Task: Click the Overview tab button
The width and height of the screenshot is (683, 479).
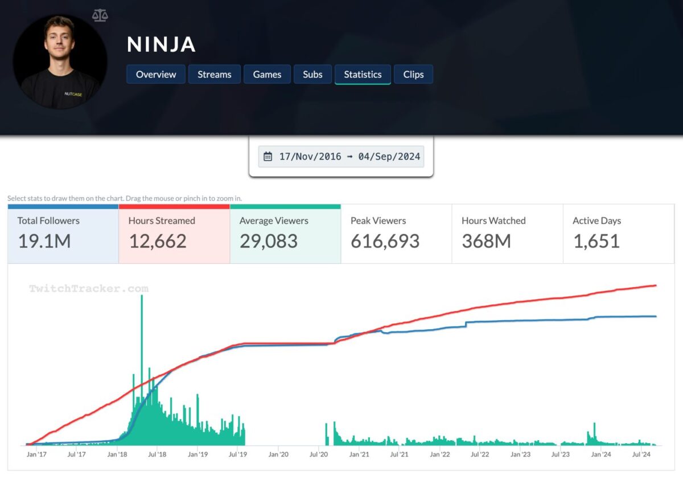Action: (x=156, y=75)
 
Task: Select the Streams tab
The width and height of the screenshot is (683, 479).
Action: (x=215, y=75)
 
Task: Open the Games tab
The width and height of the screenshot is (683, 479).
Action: (x=267, y=75)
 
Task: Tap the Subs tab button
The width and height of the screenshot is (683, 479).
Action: (x=312, y=75)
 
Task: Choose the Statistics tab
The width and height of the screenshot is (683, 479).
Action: (x=363, y=75)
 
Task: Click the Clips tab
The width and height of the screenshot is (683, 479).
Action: (x=413, y=75)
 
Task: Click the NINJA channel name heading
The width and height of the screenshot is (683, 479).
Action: (x=161, y=44)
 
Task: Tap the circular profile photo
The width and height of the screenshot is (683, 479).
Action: (x=60, y=62)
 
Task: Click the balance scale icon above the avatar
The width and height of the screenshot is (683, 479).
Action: (x=100, y=15)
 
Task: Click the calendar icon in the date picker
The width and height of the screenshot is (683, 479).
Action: (x=268, y=157)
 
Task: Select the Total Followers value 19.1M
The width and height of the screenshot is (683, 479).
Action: (x=44, y=241)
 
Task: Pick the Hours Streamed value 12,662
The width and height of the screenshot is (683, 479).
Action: (x=158, y=241)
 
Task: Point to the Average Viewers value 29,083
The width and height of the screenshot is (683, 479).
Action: (x=269, y=241)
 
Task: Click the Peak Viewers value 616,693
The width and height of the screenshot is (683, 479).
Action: (x=385, y=241)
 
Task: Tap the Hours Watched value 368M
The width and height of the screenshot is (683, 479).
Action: (x=486, y=241)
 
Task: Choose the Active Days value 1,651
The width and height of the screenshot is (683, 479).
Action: (x=596, y=241)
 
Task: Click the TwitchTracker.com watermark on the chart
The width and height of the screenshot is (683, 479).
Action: (x=89, y=289)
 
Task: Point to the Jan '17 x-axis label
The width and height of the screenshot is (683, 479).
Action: (x=36, y=455)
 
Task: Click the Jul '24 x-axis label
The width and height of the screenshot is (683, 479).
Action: (x=641, y=455)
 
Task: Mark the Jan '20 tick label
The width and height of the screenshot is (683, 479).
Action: (x=278, y=455)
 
